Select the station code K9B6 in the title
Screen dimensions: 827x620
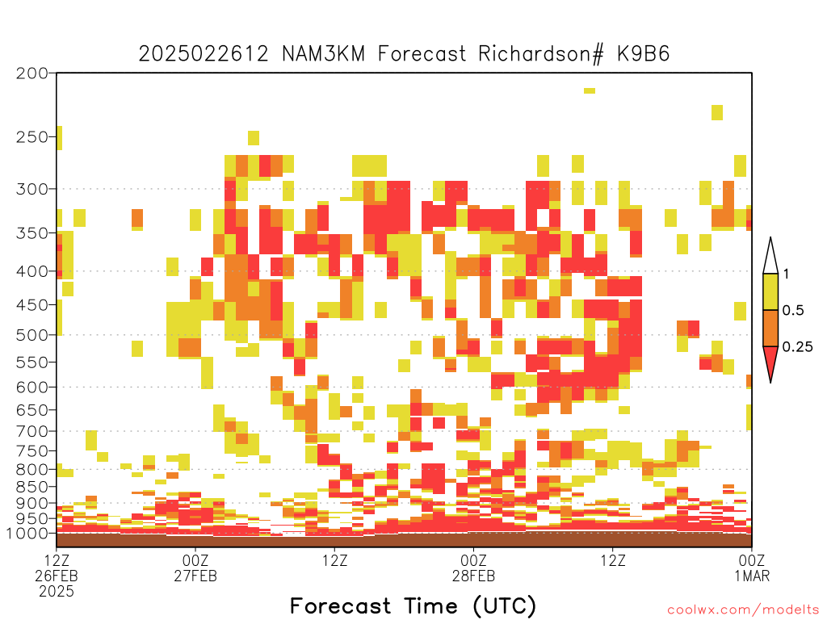click(644, 54)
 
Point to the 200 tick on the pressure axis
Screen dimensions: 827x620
click(32, 73)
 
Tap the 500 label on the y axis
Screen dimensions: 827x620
click(32, 335)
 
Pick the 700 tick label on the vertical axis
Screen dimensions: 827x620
click(32, 431)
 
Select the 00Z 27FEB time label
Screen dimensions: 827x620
click(195, 568)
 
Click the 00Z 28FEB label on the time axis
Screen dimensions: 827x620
click(473, 568)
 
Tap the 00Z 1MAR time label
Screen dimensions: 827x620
click(752, 568)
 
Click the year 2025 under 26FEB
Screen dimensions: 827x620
click(57, 592)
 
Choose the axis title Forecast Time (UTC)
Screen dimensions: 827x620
click(413, 606)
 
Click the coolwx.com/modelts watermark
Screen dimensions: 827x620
click(743, 610)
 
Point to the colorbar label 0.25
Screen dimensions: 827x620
click(797, 347)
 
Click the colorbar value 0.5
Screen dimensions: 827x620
click(793, 310)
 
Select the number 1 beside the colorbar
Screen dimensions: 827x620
click(786, 274)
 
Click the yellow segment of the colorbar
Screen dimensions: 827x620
click(770, 291)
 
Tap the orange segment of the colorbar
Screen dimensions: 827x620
click(770, 328)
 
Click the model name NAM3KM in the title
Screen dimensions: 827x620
click(323, 54)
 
